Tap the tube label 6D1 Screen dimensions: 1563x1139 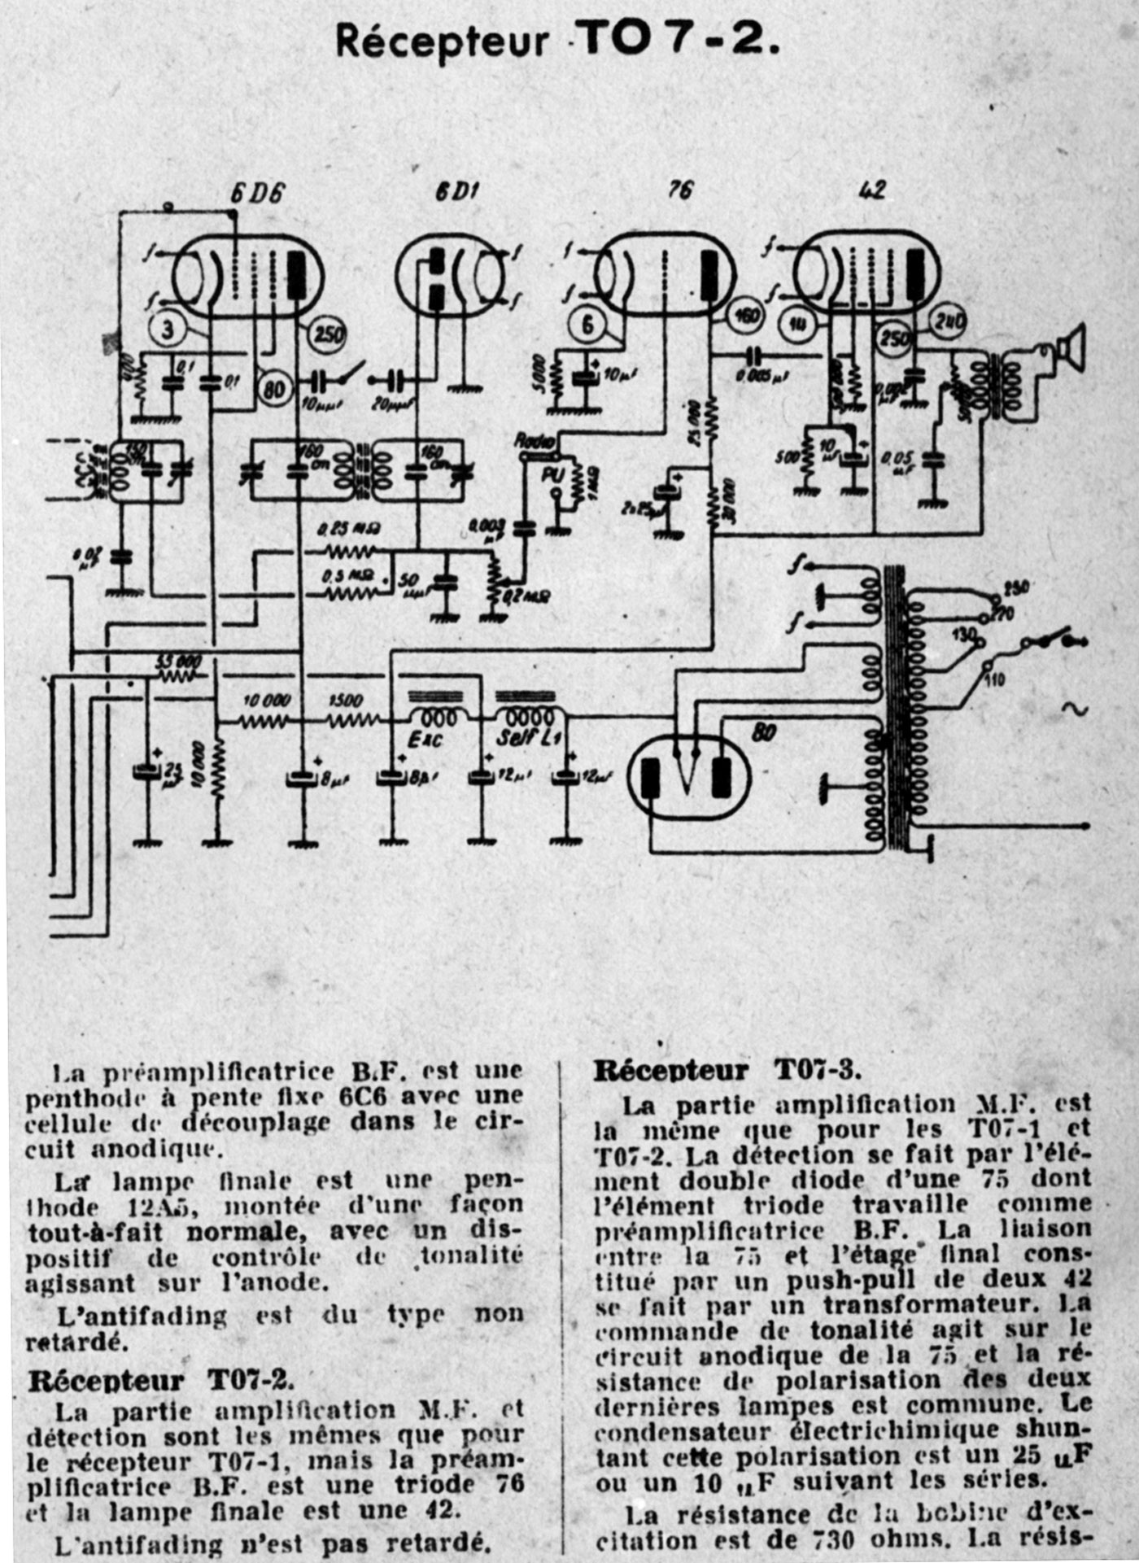click(x=456, y=191)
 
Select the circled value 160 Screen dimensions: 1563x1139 click(x=745, y=317)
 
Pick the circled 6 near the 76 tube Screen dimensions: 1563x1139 click(x=587, y=325)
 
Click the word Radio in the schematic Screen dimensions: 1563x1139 click(x=534, y=441)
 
